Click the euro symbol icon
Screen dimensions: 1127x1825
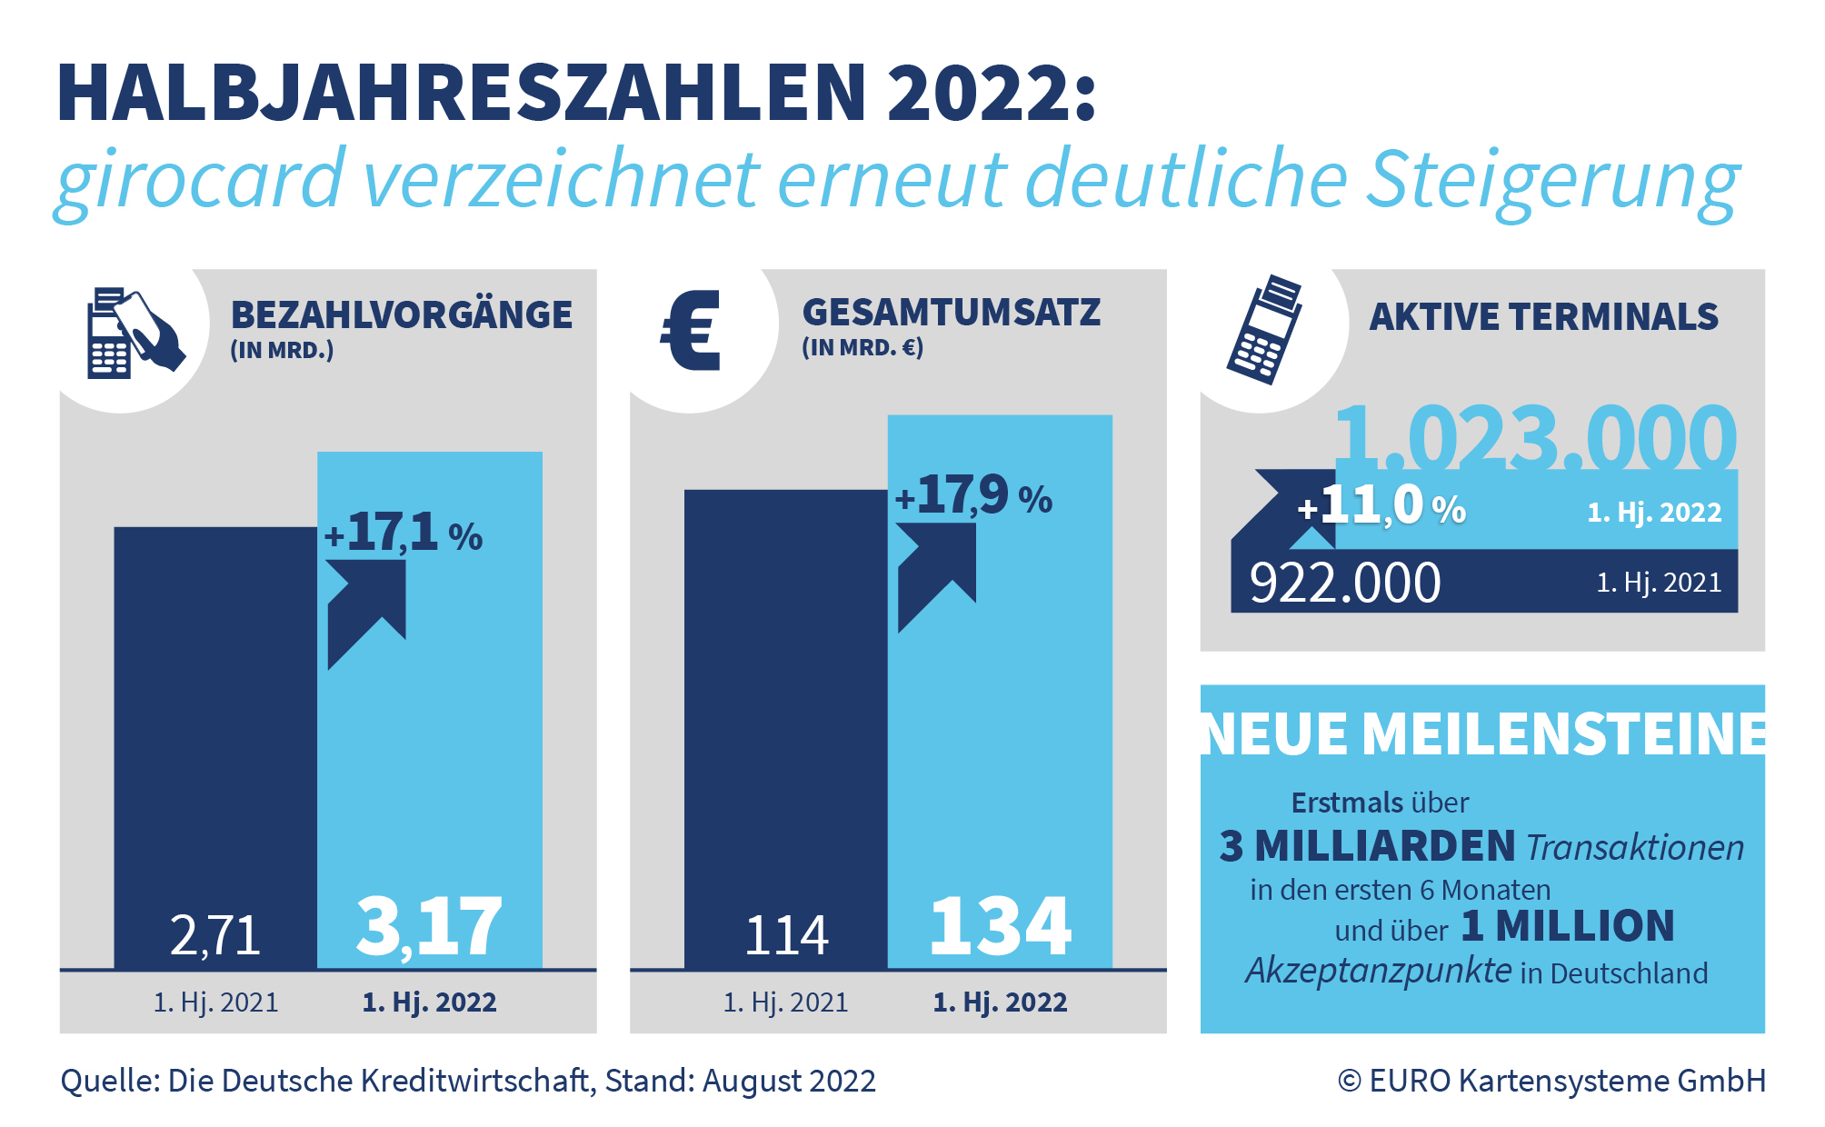(x=691, y=331)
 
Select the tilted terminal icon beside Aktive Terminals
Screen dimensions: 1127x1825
(x=1264, y=330)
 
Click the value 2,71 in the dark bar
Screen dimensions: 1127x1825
(x=215, y=935)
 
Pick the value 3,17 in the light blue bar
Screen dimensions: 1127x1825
(x=429, y=927)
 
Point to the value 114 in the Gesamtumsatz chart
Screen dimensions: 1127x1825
(x=786, y=935)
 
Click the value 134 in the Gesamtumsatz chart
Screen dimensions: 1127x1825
(x=1001, y=927)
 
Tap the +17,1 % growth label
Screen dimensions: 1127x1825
(x=404, y=534)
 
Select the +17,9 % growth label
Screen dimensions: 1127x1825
(x=973, y=496)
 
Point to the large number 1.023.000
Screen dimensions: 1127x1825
(x=1534, y=438)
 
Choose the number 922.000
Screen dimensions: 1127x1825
(x=1345, y=583)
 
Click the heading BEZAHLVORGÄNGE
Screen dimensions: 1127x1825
(x=402, y=315)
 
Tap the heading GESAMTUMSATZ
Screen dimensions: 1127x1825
(x=951, y=313)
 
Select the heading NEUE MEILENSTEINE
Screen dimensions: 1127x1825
(x=1483, y=733)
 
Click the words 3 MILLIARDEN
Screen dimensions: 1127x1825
(x=1367, y=846)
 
